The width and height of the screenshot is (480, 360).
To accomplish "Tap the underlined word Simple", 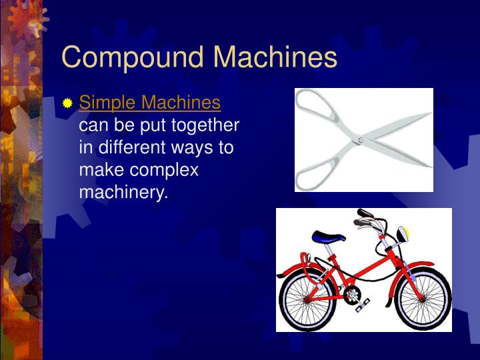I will click(107, 103).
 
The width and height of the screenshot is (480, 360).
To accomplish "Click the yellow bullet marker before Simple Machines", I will click(67, 104).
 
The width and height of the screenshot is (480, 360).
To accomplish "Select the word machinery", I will click(123, 193).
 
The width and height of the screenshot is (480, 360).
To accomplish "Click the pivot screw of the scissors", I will click(360, 140).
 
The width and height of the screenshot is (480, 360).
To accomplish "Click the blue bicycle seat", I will click(330, 237).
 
